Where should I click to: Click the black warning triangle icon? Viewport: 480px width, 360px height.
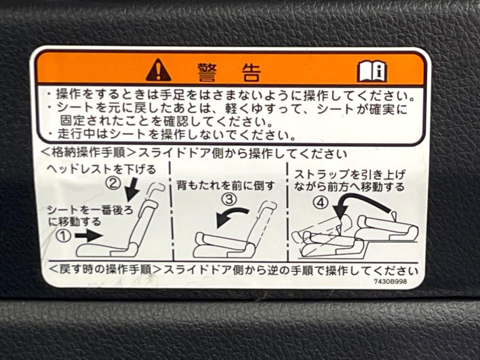[158, 71]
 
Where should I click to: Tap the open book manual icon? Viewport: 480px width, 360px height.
[372, 71]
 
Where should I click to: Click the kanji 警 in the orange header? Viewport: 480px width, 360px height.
[207, 72]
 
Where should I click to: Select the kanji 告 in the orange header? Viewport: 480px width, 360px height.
[251, 72]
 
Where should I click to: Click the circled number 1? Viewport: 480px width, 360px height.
[64, 236]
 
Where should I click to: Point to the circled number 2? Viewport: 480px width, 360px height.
[113, 183]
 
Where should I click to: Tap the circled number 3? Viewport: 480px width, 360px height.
[229, 199]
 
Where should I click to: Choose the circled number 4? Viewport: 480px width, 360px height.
[320, 202]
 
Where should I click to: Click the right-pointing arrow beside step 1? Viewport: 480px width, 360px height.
[89, 235]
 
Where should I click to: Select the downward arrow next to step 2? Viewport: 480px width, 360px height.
[133, 190]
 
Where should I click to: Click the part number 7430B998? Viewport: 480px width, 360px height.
[391, 281]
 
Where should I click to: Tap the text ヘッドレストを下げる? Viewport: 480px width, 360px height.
[101, 169]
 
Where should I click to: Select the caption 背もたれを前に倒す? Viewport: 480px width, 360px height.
[226, 185]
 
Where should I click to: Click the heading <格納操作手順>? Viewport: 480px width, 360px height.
[87, 152]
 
